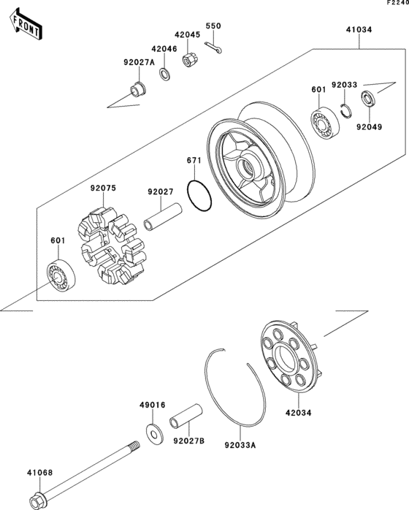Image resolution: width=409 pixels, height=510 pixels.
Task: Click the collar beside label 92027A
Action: click(136, 91)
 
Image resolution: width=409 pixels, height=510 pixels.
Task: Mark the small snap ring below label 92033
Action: click(348, 110)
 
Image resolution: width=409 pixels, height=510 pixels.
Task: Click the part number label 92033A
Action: click(239, 442)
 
